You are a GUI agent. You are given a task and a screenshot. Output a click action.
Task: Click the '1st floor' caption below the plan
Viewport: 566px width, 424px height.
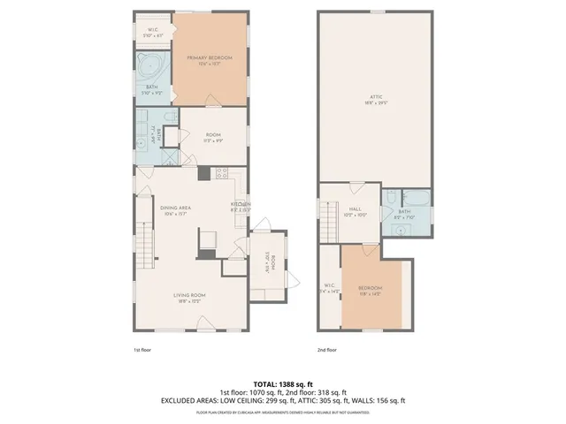coord(143,350)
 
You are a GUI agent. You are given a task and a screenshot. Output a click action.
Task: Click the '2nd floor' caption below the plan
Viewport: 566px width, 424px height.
coord(326,350)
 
